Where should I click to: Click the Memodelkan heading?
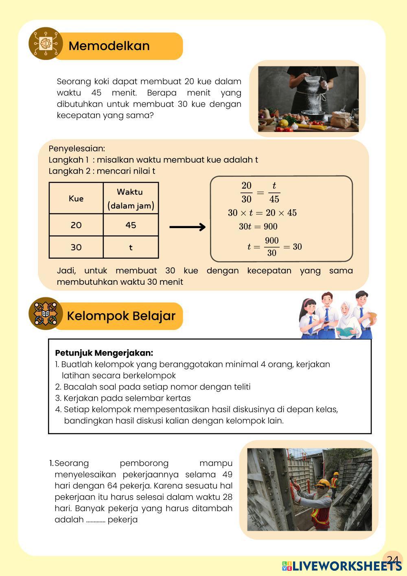pyautogui.click(x=109, y=46)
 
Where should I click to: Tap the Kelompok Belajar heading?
pyautogui.click(x=121, y=316)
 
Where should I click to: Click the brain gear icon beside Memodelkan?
pyautogui.click(x=45, y=44)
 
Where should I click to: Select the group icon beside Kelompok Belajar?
pyautogui.click(x=45, y=314)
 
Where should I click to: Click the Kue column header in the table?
pyautogui.click(x=76, y=199)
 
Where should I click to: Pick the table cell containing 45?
pyautogui.click(x=131, y=225)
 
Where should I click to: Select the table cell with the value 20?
pyautogui.click(x=76, y=225)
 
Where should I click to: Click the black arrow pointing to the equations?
pyautogui.click(x=188, y=227)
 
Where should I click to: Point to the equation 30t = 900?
pyautogui.click(x=258, y=227)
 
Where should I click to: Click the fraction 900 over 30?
pyautogui.click(x=272, y=247)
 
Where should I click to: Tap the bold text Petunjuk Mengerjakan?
pyautogui.click(x=104, y=353)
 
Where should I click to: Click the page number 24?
pyautogui.click(x=392, y=559)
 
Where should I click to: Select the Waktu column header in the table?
pyautogui.click(x=130, y=198)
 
